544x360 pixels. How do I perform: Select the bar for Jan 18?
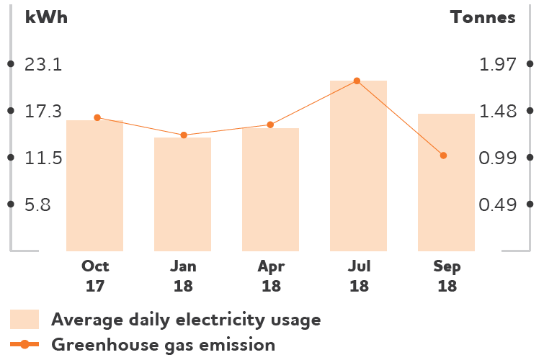click(182, 194)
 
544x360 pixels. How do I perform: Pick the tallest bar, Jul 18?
click(358, 166)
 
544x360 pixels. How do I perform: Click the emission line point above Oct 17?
click(97, 117)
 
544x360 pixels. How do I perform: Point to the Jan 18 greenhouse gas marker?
click(184, 135)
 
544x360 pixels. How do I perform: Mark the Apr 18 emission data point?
click(270, 125)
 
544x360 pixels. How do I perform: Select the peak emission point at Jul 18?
click(357, 81)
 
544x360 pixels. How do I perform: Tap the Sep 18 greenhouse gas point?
click(443, 156)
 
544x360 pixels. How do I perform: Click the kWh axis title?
click(46, 18)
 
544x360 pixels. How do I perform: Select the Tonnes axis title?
click(483, 18)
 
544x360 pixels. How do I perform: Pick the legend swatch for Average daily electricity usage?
click(24, 319)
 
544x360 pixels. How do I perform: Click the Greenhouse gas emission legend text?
click(163, 345)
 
